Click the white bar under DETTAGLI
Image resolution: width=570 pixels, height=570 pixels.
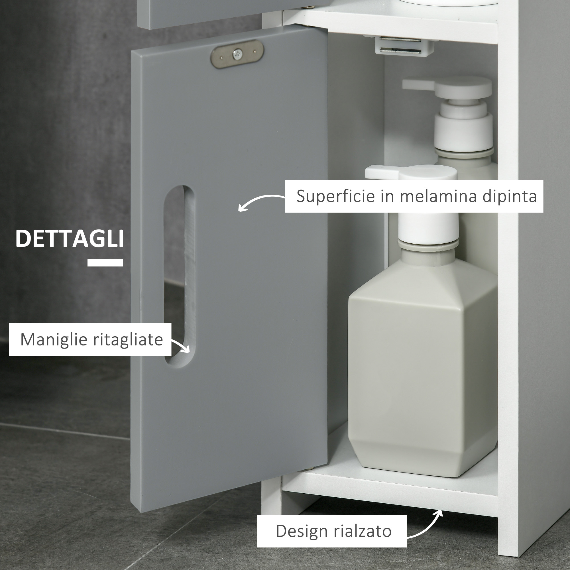105,262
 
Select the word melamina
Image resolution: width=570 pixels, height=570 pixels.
438,196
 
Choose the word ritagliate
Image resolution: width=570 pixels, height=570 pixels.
128,340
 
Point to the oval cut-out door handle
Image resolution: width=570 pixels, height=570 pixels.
179,276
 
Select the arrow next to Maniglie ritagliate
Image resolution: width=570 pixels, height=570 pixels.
181,345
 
